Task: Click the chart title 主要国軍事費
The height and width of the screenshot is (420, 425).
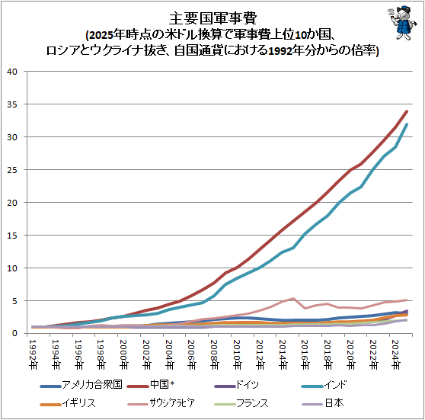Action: coord(212,18)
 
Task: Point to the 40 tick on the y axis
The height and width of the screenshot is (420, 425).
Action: coord(12,72)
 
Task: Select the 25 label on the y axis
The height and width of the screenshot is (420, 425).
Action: coord(12,170)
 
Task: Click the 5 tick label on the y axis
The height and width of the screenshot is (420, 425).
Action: coord(14,301)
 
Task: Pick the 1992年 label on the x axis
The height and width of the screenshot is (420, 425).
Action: coord(33,354)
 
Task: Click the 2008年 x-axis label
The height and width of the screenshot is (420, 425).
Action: coord(214,354)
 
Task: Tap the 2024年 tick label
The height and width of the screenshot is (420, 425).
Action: coord(395,354)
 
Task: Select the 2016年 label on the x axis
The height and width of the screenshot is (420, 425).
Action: coord(305,354)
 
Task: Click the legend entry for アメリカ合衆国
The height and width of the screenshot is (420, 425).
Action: coord(81,385)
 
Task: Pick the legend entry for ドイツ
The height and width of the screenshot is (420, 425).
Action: coord(236,385)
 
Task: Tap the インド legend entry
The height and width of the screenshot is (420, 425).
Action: coord(324,385)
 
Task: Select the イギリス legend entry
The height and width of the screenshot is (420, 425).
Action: coord(68,403)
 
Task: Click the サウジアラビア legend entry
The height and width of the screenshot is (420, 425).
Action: coord(161,403)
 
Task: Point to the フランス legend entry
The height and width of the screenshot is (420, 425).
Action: coord(241,403)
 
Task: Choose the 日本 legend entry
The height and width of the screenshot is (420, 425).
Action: coord(322,403)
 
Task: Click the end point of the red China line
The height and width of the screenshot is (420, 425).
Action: coord(407,111)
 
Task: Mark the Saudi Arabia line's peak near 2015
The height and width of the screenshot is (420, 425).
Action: coord(293,299)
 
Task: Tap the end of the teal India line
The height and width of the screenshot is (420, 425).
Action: coord(407,124)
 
